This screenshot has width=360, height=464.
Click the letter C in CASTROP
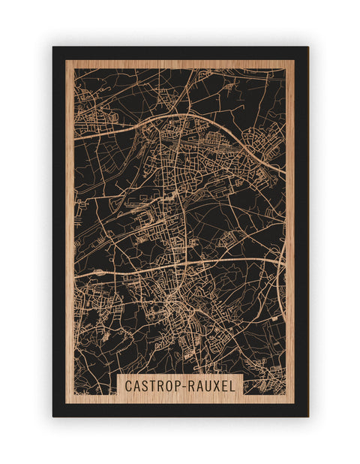click(x=129, y=386)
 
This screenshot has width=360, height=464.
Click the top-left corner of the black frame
click(x=53, y=47)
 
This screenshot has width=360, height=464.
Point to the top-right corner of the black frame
click(x=307, y=47)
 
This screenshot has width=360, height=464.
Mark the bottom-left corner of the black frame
click(x=53, y=416)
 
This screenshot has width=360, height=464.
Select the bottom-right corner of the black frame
click(x=307, y=416)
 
